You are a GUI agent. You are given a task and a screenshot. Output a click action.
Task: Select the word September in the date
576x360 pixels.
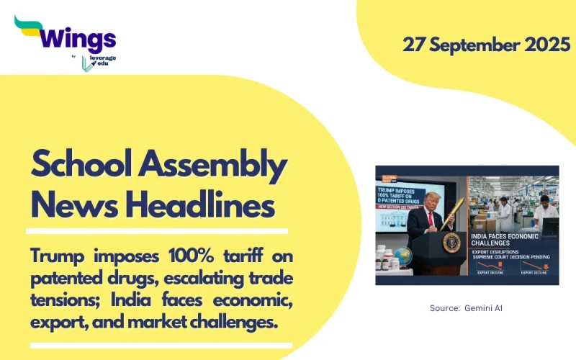[x=473, y=44]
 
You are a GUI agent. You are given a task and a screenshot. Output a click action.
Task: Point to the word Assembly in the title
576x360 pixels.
[x=215, y=168]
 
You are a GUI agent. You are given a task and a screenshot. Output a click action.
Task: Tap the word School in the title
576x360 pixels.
[x=80, y=168]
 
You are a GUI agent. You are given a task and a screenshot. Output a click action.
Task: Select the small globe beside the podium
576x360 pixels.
[x=404, y=256]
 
